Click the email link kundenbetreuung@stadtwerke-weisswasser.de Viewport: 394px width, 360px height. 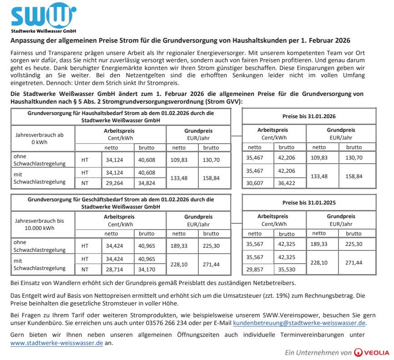pos(299,323)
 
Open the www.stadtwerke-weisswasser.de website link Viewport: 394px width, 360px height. pos(56,343)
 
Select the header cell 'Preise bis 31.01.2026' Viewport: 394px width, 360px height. pos(309,116)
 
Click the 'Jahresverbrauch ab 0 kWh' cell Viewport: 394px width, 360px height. pos(40,138)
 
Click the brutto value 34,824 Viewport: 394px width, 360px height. pos(146,182)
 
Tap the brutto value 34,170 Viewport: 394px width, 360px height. pos(146,269)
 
